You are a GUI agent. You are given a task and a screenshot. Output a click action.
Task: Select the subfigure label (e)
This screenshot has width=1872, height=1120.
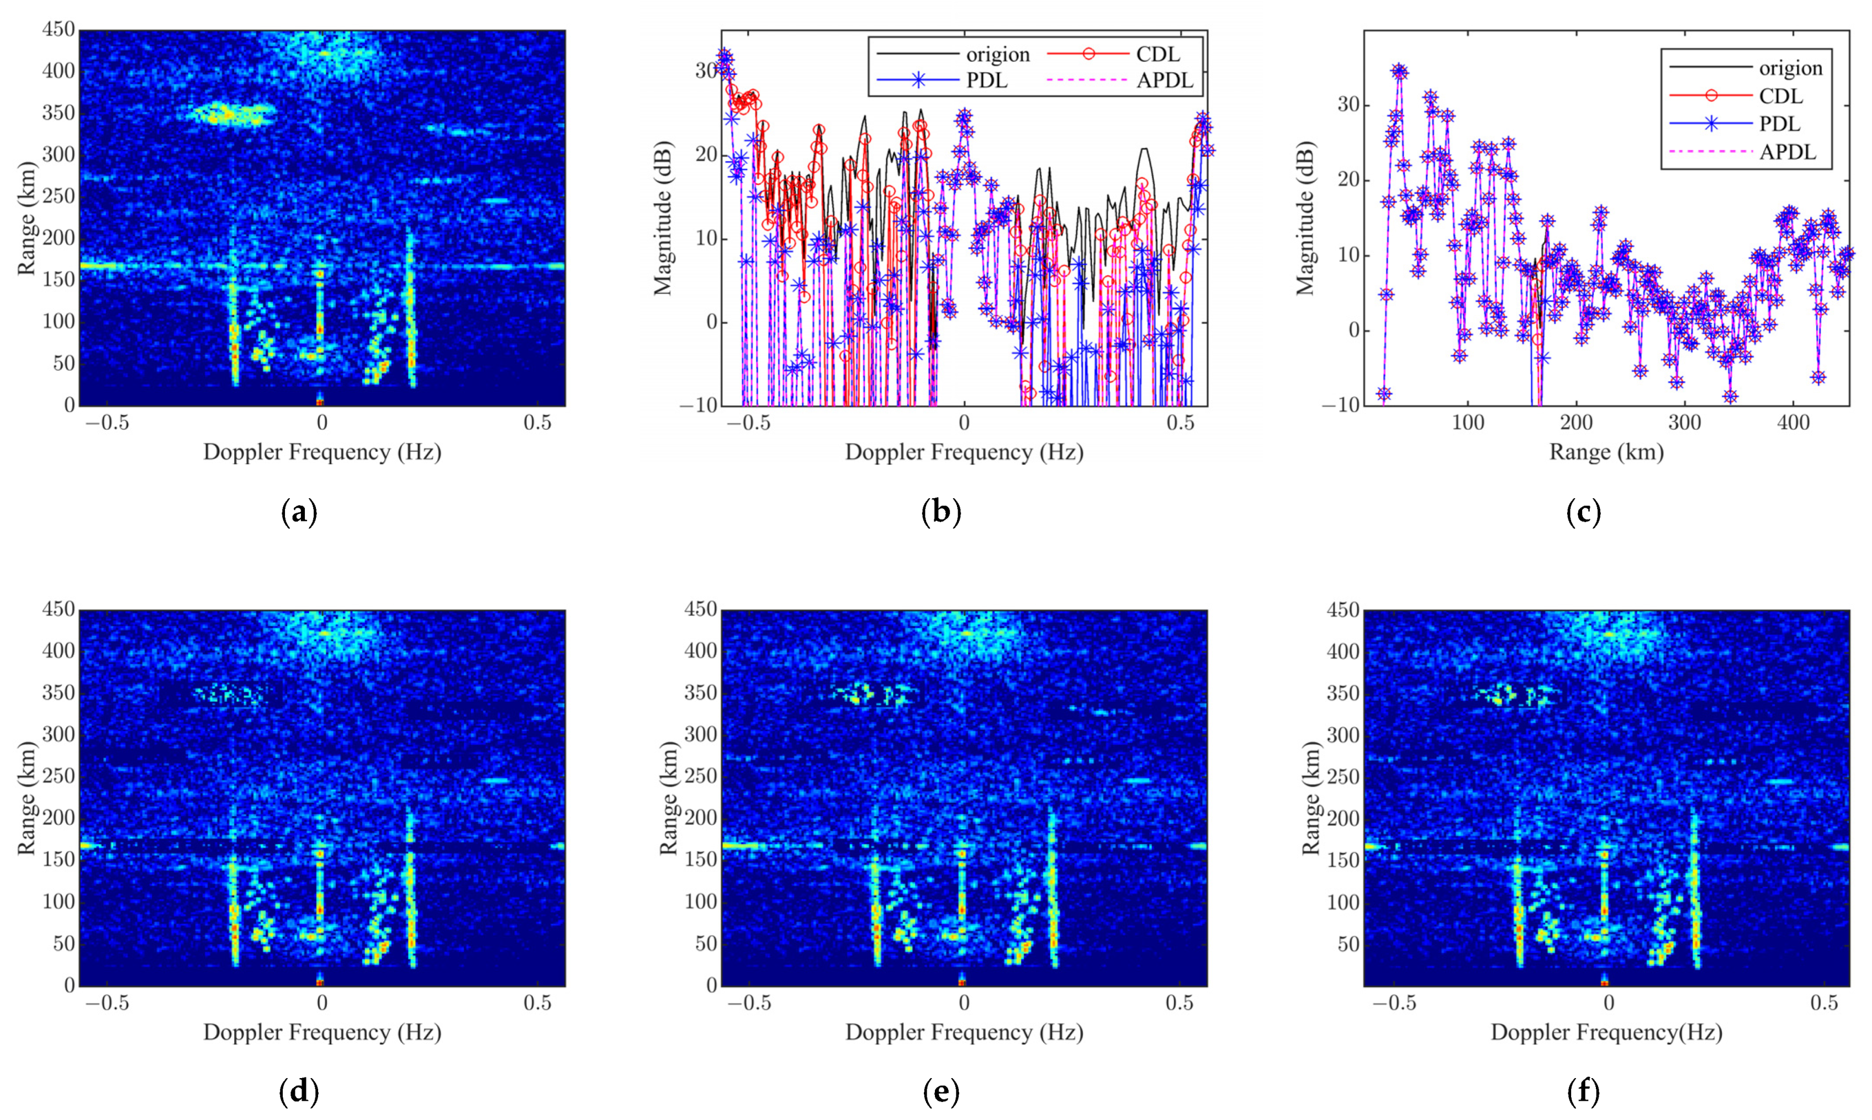(941, 1092)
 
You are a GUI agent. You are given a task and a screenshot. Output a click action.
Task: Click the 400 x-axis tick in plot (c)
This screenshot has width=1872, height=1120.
(1792, 422)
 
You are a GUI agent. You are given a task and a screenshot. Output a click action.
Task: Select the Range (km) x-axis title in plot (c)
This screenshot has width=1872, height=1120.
(1606, 452)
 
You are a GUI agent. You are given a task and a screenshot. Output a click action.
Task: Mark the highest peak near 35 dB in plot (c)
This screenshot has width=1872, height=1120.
(1399, 72)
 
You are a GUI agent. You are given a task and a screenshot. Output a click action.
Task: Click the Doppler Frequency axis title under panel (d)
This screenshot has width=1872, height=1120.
(322, 1032)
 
